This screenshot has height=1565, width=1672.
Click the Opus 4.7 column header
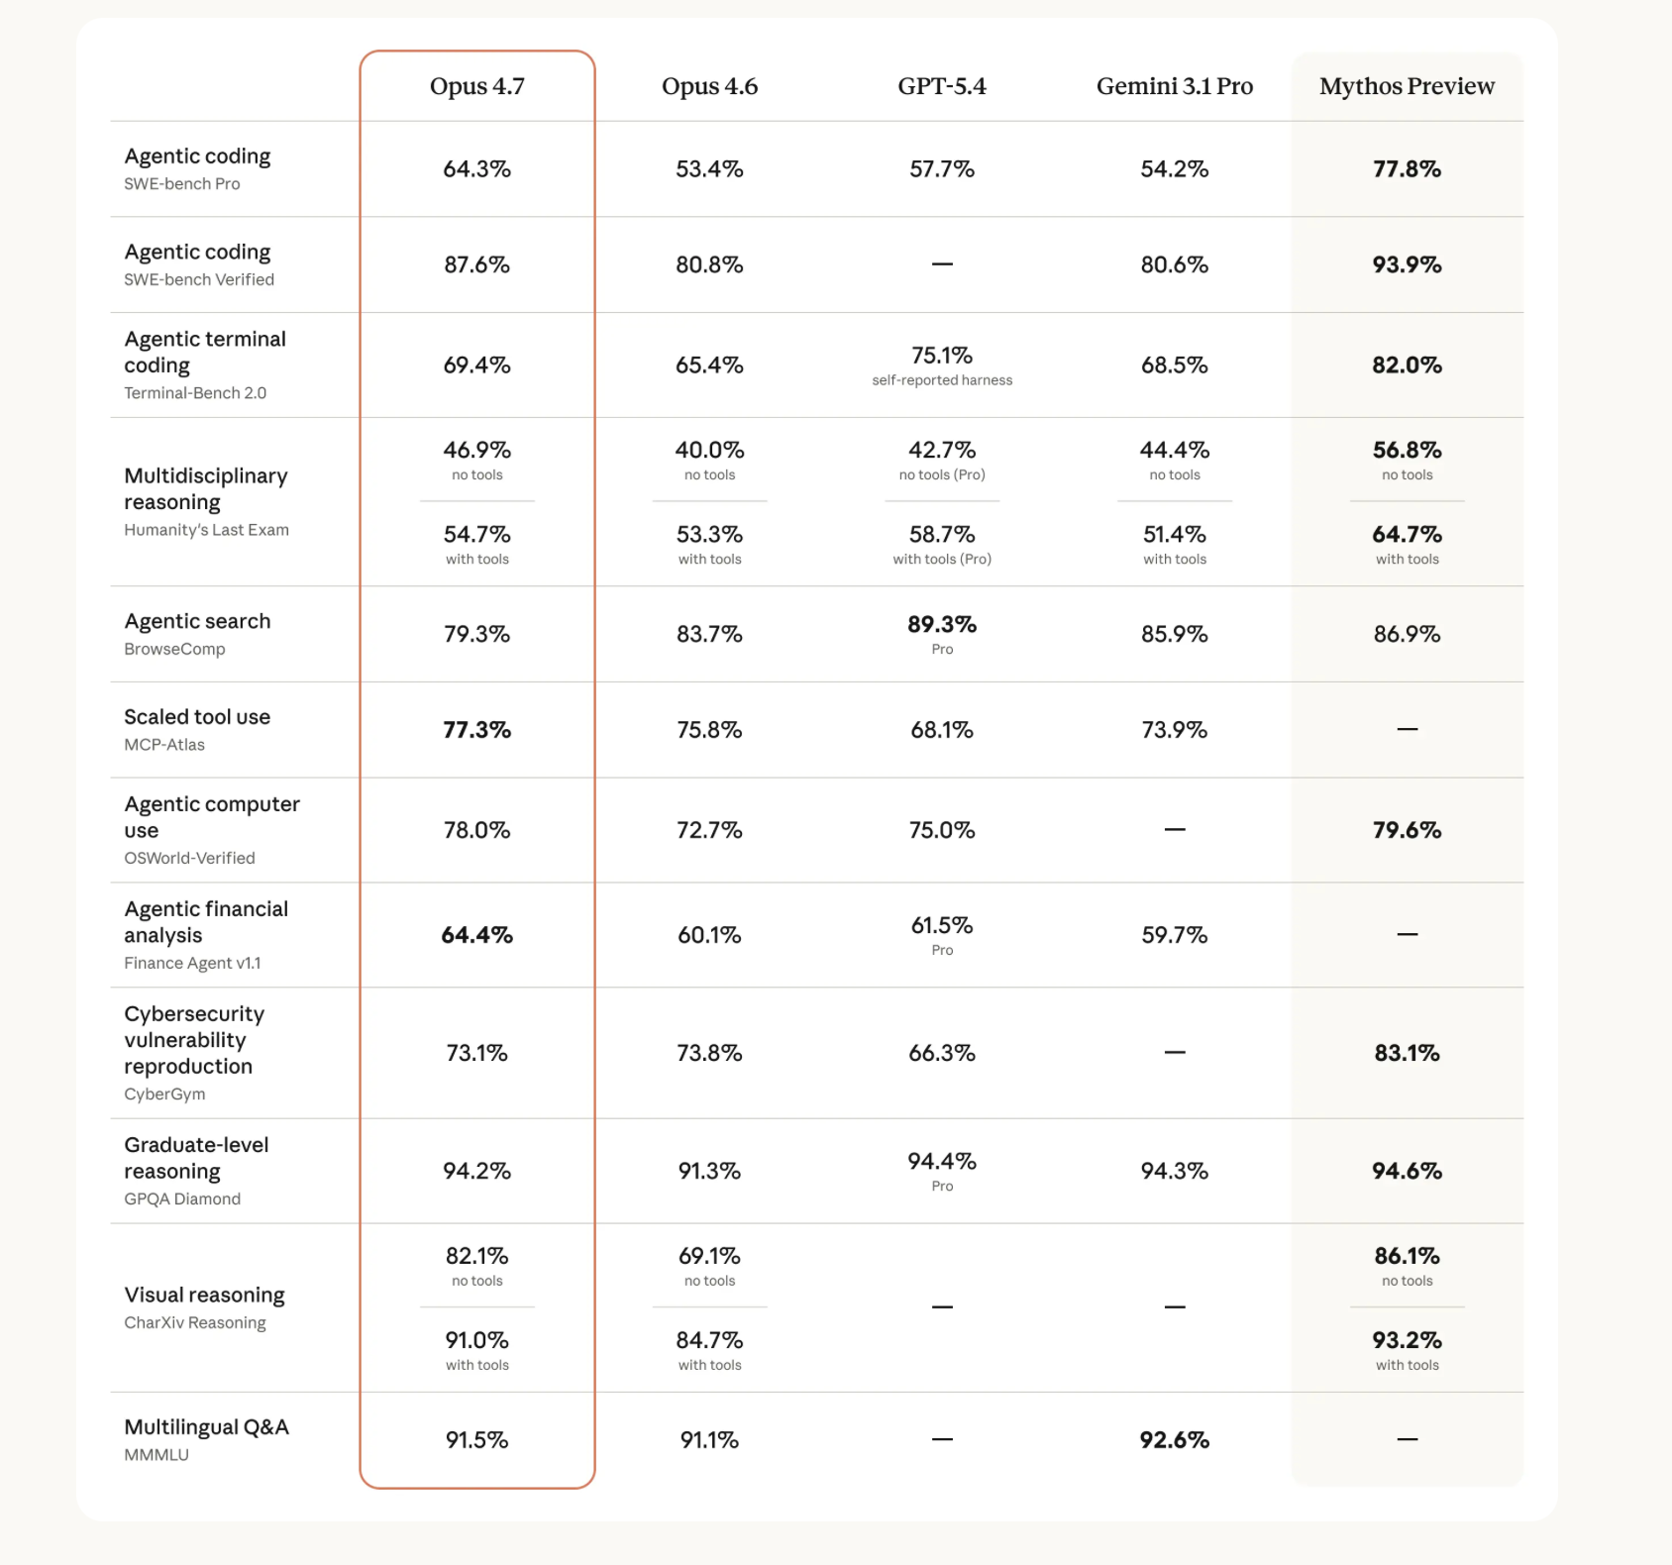(476, 86)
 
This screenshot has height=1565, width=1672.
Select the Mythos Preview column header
(1407, 86)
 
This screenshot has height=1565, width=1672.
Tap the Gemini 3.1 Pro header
(1174, 86)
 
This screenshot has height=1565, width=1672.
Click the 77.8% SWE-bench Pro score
(1407, 169)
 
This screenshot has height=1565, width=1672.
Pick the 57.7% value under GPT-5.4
(942, 169)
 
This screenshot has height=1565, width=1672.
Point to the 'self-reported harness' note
(942, 380)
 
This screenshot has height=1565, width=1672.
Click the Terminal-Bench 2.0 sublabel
(195, 393)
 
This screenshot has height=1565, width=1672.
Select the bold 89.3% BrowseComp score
(942, 624)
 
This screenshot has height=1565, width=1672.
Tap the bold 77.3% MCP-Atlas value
(476, 730)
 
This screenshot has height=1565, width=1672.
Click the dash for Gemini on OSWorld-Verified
(1175, 829)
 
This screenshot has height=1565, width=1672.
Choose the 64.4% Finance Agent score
(476, 935)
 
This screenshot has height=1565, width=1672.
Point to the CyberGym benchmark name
(164, 1095)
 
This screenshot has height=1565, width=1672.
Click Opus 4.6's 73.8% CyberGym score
(709, 1053)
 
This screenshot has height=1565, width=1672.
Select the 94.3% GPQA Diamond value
(1175, 1171)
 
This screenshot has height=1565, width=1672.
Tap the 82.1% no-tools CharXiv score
(476, 1256)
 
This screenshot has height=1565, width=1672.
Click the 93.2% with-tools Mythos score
(1407, 1340)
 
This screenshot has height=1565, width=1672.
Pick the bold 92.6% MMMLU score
(1175, 1440)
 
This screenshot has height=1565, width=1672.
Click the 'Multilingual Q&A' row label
(206, 1427)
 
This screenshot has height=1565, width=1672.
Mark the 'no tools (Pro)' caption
(942, 475)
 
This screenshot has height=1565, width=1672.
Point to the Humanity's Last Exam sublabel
(206, 530)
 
